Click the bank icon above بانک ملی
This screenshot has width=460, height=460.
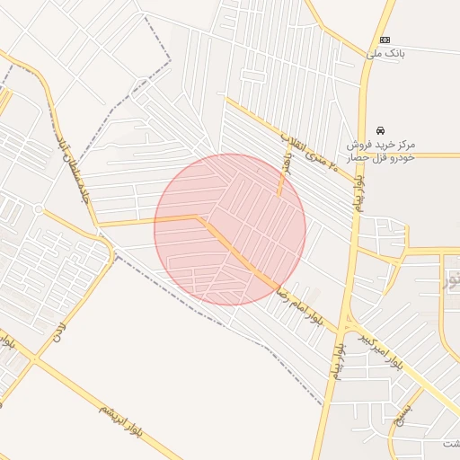(385, 40)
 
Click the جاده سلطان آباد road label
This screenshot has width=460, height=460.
(70, 167)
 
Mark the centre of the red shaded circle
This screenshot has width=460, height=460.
(230, 230)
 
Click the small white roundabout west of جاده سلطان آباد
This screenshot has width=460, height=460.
(39, 208)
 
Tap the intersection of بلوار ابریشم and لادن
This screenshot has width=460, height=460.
(34, 359)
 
